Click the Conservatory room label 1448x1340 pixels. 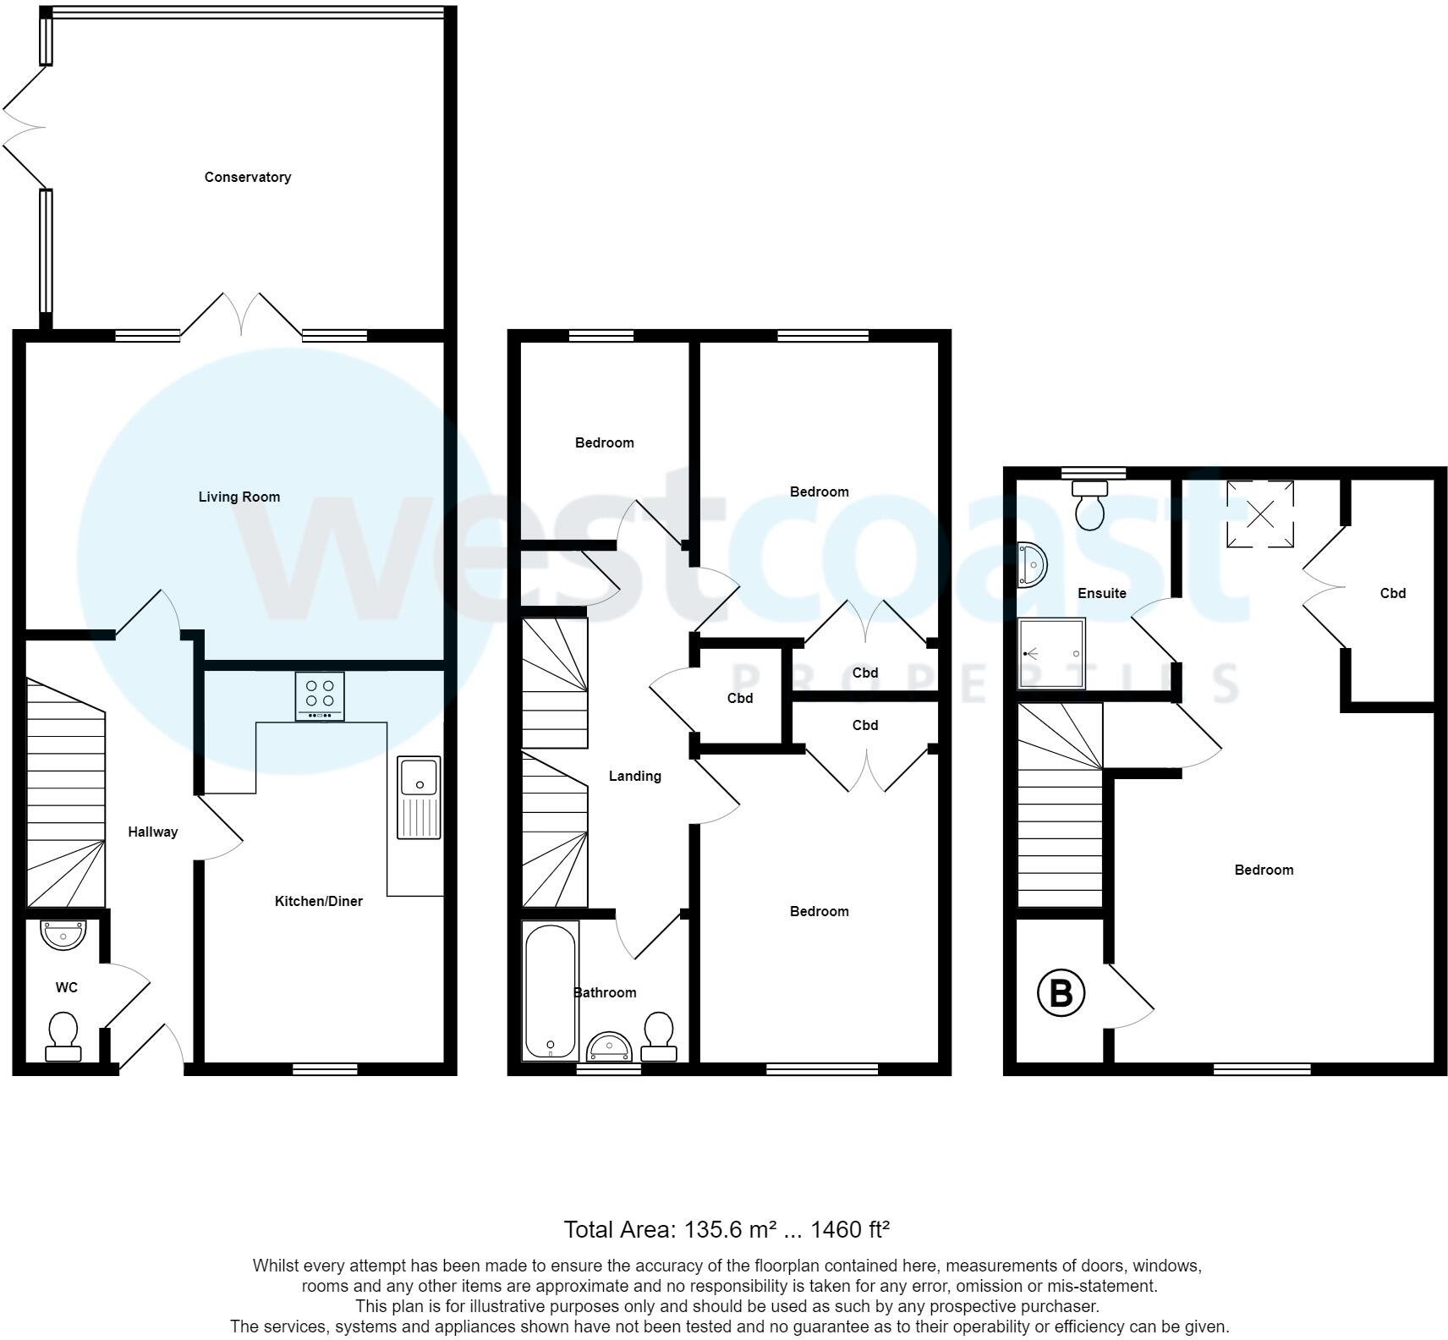click(x=248, y=177)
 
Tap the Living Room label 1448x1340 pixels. click(x=239, y=497)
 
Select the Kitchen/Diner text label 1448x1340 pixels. click(x=319, y=901)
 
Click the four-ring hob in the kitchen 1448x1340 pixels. click(x=320, y=696)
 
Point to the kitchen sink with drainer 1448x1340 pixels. click(x=420, y=797)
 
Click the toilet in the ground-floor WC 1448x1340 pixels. click(x=63, y=1037)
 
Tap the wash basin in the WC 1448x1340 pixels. click(x=63, y=935)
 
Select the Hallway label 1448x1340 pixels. click(x=153, y=832)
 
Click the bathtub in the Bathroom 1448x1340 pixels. click(x=551, y=991)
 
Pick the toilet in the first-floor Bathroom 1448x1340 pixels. click(x=659, y=1037)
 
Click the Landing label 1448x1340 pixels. click(x=635, y=776)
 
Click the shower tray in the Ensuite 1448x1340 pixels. click(x=1051, y=654)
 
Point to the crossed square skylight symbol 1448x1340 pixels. click(x=1260, y=513)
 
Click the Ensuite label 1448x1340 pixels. click(x=1102, y=593)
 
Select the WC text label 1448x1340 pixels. click(x=67, y=987)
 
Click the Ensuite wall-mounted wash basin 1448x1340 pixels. click(x=1033, y=564)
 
